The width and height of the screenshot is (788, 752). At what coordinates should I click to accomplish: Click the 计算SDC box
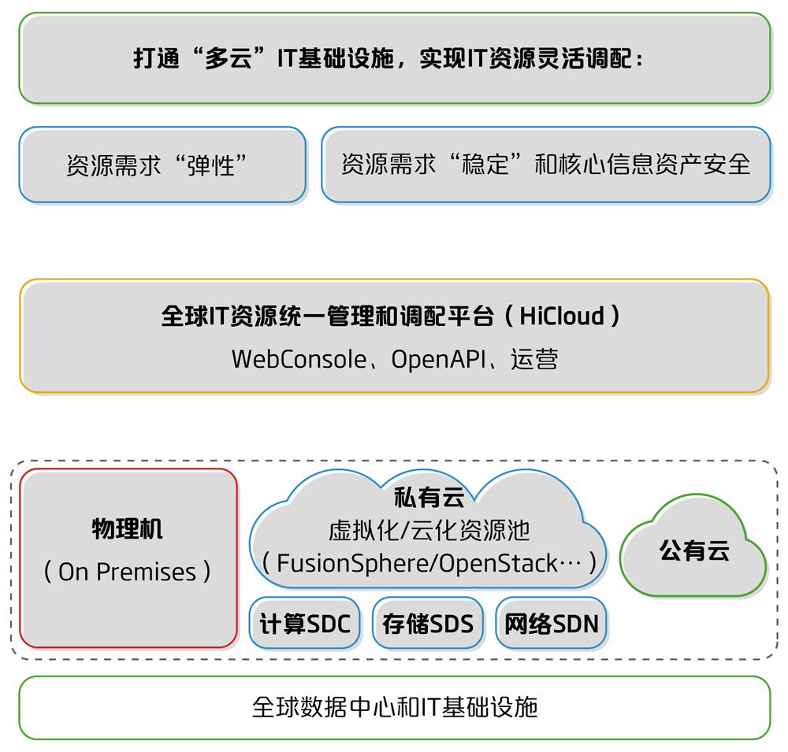pos(305,624)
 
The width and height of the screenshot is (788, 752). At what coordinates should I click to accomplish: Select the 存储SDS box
pos(428,624)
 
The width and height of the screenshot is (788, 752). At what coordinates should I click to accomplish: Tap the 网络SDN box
pos(552,624)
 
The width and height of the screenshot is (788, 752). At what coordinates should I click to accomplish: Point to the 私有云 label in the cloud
pos(429,498)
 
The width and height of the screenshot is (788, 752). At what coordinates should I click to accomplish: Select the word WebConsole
pos(299,359)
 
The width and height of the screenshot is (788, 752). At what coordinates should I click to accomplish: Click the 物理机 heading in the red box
pos(128,528)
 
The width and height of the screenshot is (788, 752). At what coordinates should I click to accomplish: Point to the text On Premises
pos(128,572)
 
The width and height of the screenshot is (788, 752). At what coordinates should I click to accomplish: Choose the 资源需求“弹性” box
pos(162,165)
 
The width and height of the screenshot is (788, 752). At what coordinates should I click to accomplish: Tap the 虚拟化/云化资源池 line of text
pos(429,531)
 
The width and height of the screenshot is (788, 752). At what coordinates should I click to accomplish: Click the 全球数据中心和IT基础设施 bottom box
pos(394,706)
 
